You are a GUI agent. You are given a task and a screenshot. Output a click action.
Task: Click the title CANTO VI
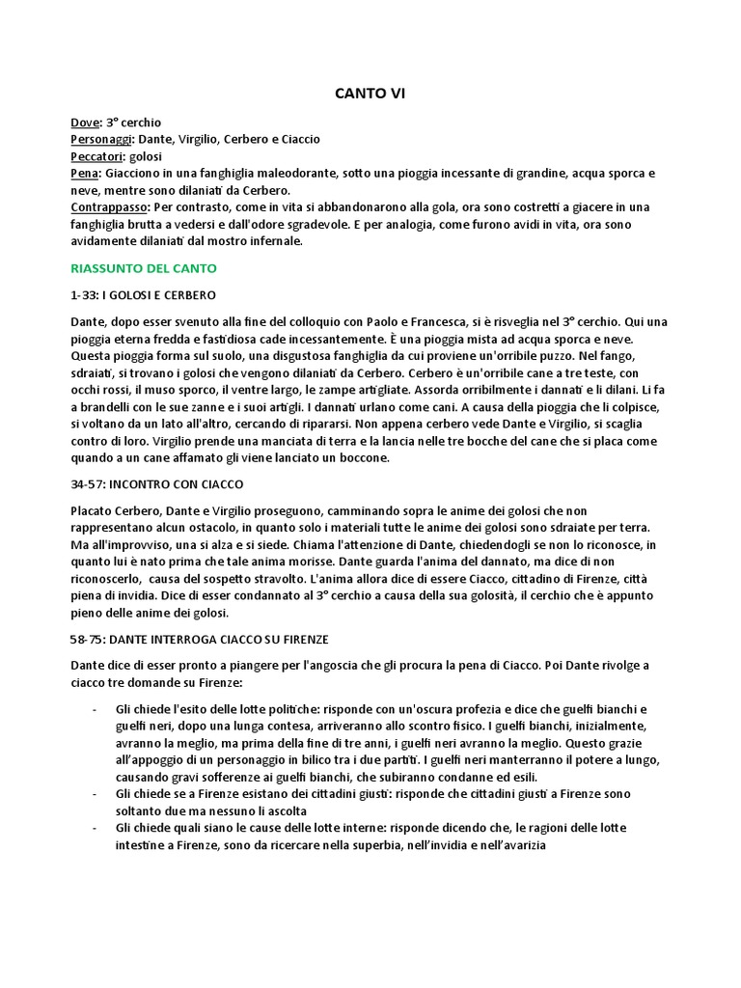370,95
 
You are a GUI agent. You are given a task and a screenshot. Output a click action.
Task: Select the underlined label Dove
85,123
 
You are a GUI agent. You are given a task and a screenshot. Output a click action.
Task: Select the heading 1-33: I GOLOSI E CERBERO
143,293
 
